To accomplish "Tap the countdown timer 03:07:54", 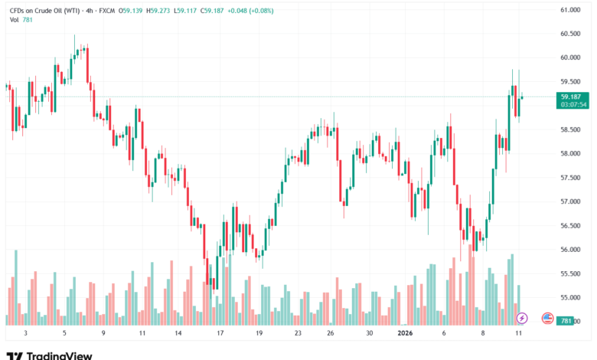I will pos(573,104).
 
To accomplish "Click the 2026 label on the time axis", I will pos(405,334).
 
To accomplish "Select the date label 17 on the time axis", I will pos(220,334).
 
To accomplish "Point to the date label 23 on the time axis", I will pos(298,334).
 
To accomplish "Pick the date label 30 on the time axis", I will pos(369,334).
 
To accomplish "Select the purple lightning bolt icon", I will pos(522,317).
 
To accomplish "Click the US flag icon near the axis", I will pos(547,317).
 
